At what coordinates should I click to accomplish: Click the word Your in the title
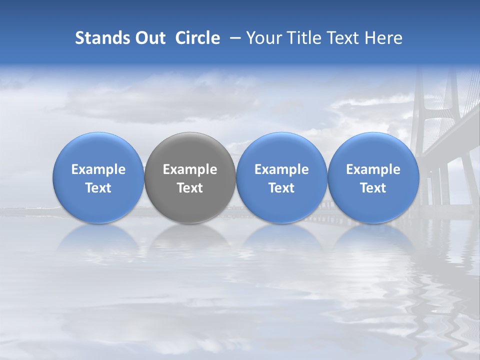262,38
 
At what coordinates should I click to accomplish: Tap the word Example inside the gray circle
190,169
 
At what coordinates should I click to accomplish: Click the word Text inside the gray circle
190,188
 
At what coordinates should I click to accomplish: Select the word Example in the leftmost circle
98,169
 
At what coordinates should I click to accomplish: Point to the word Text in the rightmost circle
373,188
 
